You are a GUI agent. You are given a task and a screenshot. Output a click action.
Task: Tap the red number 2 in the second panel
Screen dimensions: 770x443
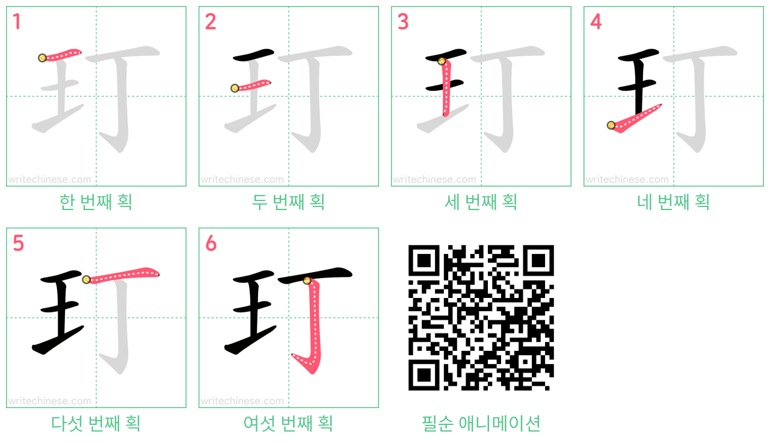[x=211, y=22]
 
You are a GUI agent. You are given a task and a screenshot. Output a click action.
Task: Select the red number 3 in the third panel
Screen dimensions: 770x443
[x=403, y=22]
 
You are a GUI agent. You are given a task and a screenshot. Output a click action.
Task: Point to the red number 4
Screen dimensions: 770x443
[x=596, y=22]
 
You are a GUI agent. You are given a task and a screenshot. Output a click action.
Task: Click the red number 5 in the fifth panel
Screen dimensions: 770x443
[x=18, y=243]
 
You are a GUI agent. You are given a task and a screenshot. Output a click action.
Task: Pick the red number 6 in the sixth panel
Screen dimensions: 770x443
[x=211, y=243]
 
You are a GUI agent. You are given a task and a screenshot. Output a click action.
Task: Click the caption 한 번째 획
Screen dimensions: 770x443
[x=96, y=202]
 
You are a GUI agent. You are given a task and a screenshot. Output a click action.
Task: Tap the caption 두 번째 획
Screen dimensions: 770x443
[x=288, y=202]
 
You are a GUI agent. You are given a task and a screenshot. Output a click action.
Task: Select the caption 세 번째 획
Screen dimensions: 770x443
[x=481, y=202]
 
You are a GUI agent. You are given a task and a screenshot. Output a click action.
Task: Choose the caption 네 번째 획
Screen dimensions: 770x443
[x=673, y=202]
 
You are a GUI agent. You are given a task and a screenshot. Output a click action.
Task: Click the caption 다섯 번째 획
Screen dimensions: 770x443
[x=96, y=423]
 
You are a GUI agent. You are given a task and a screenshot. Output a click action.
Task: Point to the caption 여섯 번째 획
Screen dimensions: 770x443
[x=288, y=423]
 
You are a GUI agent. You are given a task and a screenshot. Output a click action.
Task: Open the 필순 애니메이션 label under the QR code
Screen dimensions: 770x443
[x=481, y=423]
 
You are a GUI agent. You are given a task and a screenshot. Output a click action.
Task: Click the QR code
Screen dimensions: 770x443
[x=481, y=317]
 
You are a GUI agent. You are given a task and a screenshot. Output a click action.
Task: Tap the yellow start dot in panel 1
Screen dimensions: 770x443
[x=42, y=58]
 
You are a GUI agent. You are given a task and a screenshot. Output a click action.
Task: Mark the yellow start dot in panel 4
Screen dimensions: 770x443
[x=611, y=125]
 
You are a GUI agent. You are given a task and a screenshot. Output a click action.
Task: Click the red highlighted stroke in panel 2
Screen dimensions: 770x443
[x=253, y=85]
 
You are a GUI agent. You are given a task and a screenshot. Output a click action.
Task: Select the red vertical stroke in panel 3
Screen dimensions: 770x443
[x=446, y=88]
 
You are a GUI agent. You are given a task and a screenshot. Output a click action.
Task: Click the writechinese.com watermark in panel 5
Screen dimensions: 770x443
[x=49, y=401]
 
